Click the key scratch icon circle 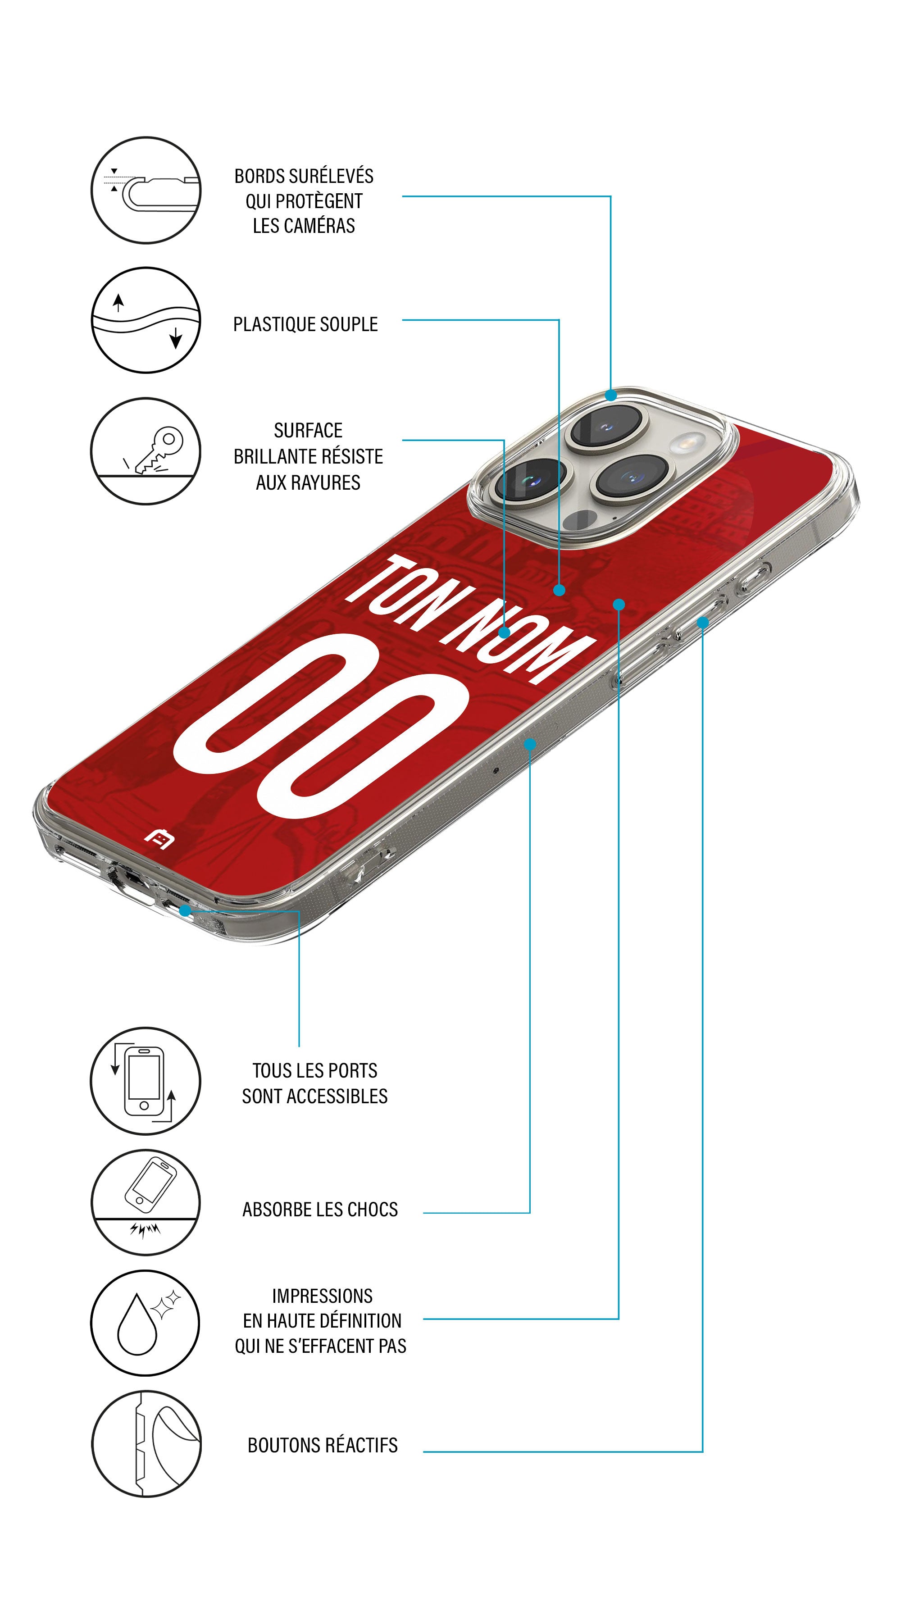[x=146, y=451]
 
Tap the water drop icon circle [x=146, y=1323]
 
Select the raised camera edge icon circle [x=146, y=190]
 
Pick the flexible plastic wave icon [x=146, y=320]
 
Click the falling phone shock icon [x=146, y=1202]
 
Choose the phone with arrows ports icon [x=146, y=1081]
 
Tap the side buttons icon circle [x=146, y=1444]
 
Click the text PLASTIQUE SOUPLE [x=305, y=325]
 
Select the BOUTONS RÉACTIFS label [x=322, y=1445]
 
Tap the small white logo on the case [x=159, y=838]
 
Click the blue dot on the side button [x=702, y=623]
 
